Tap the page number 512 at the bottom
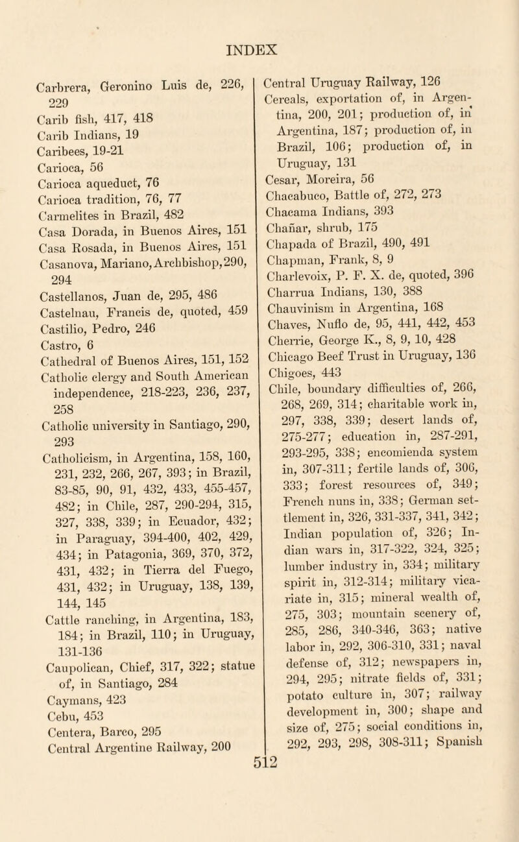click(x=259, y=823)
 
